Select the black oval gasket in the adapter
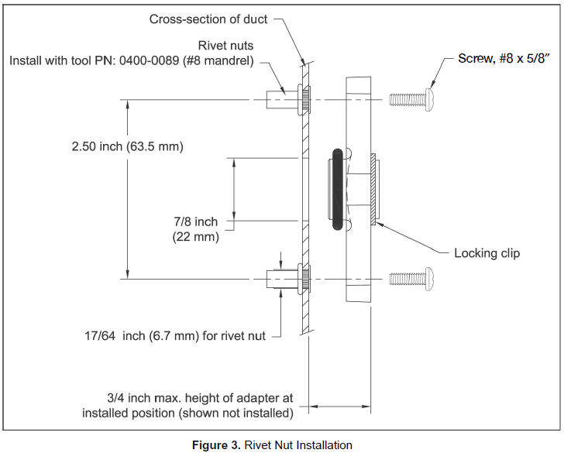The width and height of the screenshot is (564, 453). pyautogui.click(x=338, y=189)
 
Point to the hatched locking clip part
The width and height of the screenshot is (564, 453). pyautogui.click(x=373, y=189)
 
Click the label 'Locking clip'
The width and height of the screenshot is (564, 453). pyautogui.click(x=487, y=253)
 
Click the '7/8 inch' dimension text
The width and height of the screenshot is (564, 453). pyautogui.click(x=196, y=222)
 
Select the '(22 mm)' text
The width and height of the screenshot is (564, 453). pyautogui.click(x=196, y=238)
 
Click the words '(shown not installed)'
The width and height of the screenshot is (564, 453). pyautogui.click(x=236, y=413)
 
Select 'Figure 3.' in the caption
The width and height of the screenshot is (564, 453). pyautogui.click(x=216, y=445)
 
